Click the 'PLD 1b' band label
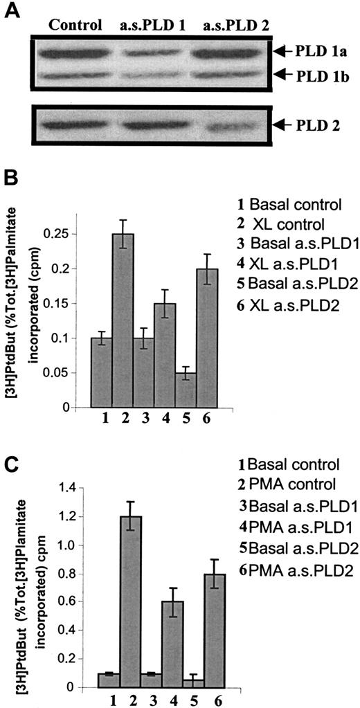[x=319, y=75]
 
